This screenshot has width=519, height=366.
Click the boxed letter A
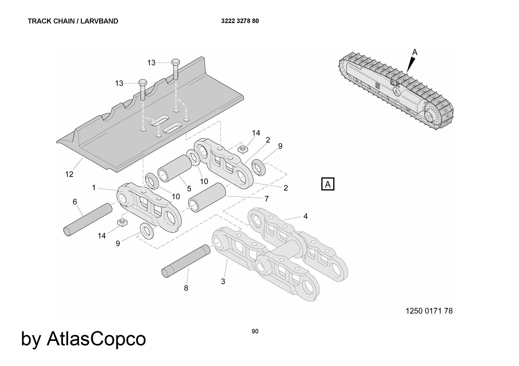[328, 184]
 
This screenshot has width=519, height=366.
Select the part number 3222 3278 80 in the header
[240, 21]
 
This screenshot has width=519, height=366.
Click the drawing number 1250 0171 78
[429, 311]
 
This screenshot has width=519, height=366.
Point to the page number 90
[255, 331]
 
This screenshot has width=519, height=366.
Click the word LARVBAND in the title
[99, 21]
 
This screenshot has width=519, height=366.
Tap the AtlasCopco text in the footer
[96, 339]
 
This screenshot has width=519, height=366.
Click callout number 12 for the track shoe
[69, 174]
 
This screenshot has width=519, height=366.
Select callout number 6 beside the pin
[75, 202]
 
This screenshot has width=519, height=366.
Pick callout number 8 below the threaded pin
[186, 288]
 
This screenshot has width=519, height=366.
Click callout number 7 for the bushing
[267, 199]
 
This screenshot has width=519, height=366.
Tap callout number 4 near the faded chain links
[305, 216]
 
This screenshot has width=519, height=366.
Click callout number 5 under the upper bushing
[189, 189]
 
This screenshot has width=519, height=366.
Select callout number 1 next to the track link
[94, 188]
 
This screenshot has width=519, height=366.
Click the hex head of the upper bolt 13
[175, 62]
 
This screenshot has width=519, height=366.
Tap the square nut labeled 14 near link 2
[243, 149]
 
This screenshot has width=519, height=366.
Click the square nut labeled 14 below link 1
[122, 222]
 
